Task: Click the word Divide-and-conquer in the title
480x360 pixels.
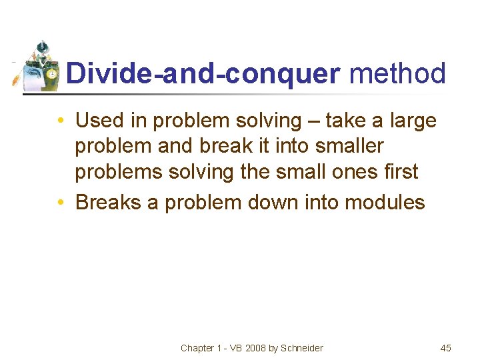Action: click(x=203, y=74)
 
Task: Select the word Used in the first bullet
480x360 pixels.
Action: click(x=100, y=121)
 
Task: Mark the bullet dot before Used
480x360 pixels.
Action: click(x=61, y=121)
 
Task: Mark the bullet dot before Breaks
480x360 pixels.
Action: click(x=61, y=202)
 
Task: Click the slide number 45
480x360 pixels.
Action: click(x=446, y=348)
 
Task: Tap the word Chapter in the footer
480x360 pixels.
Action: click(x=197, y=348)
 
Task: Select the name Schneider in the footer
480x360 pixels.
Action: click(x=302, y=348)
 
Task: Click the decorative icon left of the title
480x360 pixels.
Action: click(x=38, y=67)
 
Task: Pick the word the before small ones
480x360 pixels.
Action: click(x=255, y=172)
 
